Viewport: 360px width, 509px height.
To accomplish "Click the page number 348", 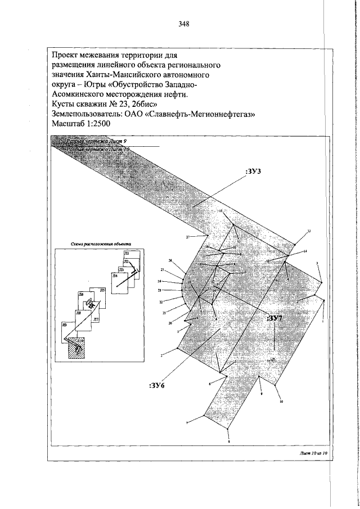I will click(183, 24).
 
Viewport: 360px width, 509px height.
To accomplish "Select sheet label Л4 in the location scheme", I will click(114, 277).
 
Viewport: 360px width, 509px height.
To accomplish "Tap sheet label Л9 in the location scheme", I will click(65, 325).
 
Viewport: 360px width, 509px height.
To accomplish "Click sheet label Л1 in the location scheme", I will click(127, 254).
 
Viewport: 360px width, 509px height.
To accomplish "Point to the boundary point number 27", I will click(188, 237).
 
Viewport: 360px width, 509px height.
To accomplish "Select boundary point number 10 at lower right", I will click(281, 402).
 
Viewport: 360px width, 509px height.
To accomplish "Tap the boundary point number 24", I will click(160, 281).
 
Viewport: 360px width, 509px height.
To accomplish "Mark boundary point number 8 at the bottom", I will click(229, 442).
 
